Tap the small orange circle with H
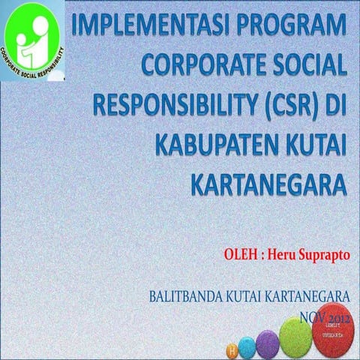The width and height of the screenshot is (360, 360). pyautogui.click(x=231, y=350)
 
